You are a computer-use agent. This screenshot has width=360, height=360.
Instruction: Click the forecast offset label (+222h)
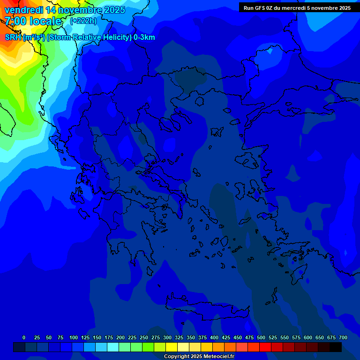pos(83,21)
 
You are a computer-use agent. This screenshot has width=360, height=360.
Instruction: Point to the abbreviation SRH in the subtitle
pos(13,37)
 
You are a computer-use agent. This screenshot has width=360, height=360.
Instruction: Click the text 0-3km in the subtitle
pos(144,37)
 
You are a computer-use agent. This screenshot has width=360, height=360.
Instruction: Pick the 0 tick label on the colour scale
pos(24,337)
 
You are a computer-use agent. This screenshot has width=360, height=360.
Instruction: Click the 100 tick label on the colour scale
pos(73,337)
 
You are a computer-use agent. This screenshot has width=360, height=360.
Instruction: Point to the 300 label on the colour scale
pos(167,337)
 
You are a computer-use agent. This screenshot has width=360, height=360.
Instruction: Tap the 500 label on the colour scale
pos(261,337)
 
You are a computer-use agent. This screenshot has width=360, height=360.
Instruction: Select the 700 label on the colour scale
pos(343,337)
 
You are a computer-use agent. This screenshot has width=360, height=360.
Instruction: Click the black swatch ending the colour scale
pos(336,347)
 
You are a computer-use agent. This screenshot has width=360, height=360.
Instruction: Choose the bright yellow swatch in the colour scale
pos(172,347)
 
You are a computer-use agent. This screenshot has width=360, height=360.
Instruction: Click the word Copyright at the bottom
pos(176,357)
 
